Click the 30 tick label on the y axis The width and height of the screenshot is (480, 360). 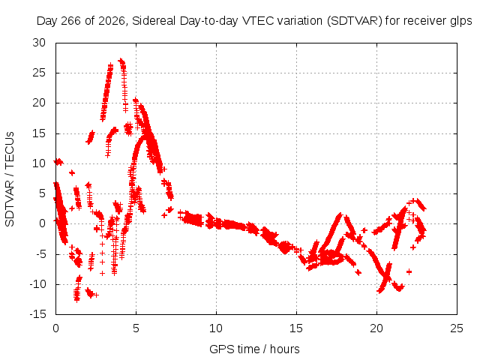pos(39,43)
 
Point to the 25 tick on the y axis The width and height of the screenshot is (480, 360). pos(39,73)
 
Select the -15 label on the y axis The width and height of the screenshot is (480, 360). pos(38,314)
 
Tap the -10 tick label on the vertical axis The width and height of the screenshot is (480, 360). pos(38,284)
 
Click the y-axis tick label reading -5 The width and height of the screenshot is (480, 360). pos(41,254)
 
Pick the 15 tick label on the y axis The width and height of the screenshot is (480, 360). pos(39,133)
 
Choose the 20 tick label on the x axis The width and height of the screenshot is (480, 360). pos(376,328)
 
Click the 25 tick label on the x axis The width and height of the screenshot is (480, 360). pos(457,328)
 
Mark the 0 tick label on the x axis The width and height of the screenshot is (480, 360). pos(55,328)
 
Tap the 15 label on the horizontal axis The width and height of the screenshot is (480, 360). pos(296,328)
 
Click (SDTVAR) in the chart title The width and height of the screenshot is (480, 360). pos(355,21)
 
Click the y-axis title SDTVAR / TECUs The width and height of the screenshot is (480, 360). pos(10,179)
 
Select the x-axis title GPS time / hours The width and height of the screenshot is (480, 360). pos(254,349)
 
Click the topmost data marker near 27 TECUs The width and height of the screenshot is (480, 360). pos(120,60)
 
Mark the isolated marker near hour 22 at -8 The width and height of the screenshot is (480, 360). pos(409,271)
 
